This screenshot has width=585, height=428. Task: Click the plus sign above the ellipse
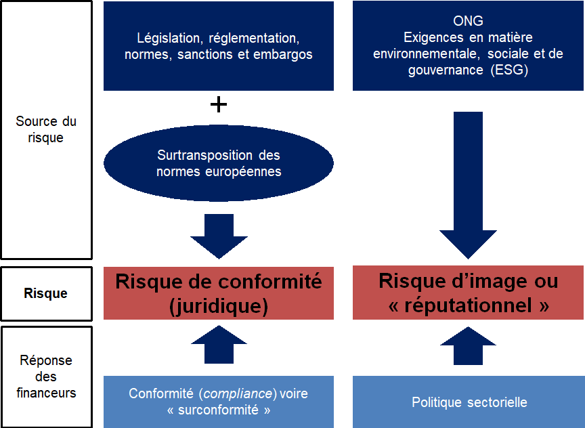pos(218,105)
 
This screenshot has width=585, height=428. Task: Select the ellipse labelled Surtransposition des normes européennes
pos(218,163)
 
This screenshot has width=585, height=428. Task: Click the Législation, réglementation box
pos(218,46)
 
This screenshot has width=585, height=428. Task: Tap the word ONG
pos(468,22)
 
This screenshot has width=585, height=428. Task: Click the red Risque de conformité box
pos(218,293)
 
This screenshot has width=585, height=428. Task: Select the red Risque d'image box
pos(468,293)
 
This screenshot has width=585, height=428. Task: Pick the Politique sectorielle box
pos(468,402)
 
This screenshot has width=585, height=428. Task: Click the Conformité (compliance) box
pos(218,402)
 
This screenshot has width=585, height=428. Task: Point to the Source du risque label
pos(46,129)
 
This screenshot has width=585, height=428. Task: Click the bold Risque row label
pos(46,294)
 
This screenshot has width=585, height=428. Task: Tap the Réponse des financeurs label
pos(46,377)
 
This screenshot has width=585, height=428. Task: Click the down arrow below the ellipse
pos(218,236)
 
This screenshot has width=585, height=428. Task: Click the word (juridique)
pos(218,305)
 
